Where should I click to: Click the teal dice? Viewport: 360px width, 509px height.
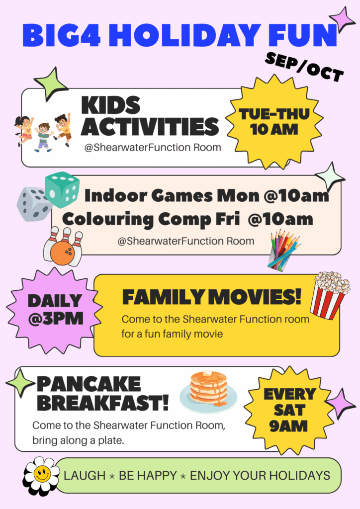click(x=62, y=189)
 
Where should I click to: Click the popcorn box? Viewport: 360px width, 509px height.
click(x=329, y=295)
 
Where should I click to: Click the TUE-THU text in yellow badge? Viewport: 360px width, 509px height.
click(x=274, y=114)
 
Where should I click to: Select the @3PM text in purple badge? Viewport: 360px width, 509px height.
click(x=56, y=319)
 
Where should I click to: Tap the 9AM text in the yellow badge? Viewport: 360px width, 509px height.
click(x=288, y=426)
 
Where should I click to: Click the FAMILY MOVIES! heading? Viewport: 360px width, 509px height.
click(x=212, y=297)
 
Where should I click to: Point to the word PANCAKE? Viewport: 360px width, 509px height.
click(x=89, y=384)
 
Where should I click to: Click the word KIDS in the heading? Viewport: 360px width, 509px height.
click(x=111, y=105)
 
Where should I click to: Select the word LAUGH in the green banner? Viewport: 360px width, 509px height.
click(x=85, y=476)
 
